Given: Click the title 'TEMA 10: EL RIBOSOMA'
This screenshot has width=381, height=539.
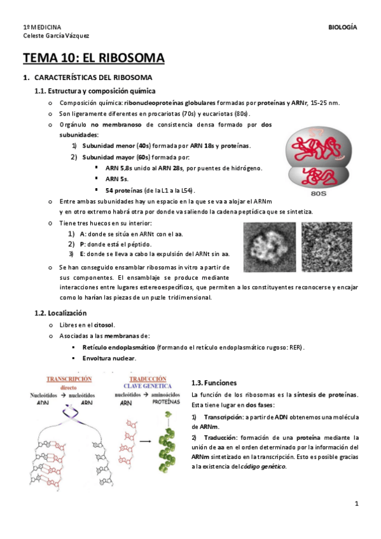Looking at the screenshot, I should [x=94, y=59].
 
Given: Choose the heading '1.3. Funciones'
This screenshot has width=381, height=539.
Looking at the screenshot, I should [x=214, y=383].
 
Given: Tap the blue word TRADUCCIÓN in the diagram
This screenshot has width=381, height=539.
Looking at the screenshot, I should [x=142, y=378].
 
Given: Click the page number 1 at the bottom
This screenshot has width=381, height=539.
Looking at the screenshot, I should [x=357, y=504].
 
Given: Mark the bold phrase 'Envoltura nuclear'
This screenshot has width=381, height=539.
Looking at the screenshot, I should [x=109, y=358].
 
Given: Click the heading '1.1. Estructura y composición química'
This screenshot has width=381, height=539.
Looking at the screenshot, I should [x=95, y=91].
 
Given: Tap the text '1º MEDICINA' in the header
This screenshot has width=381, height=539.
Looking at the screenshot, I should [x=42, y=27].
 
